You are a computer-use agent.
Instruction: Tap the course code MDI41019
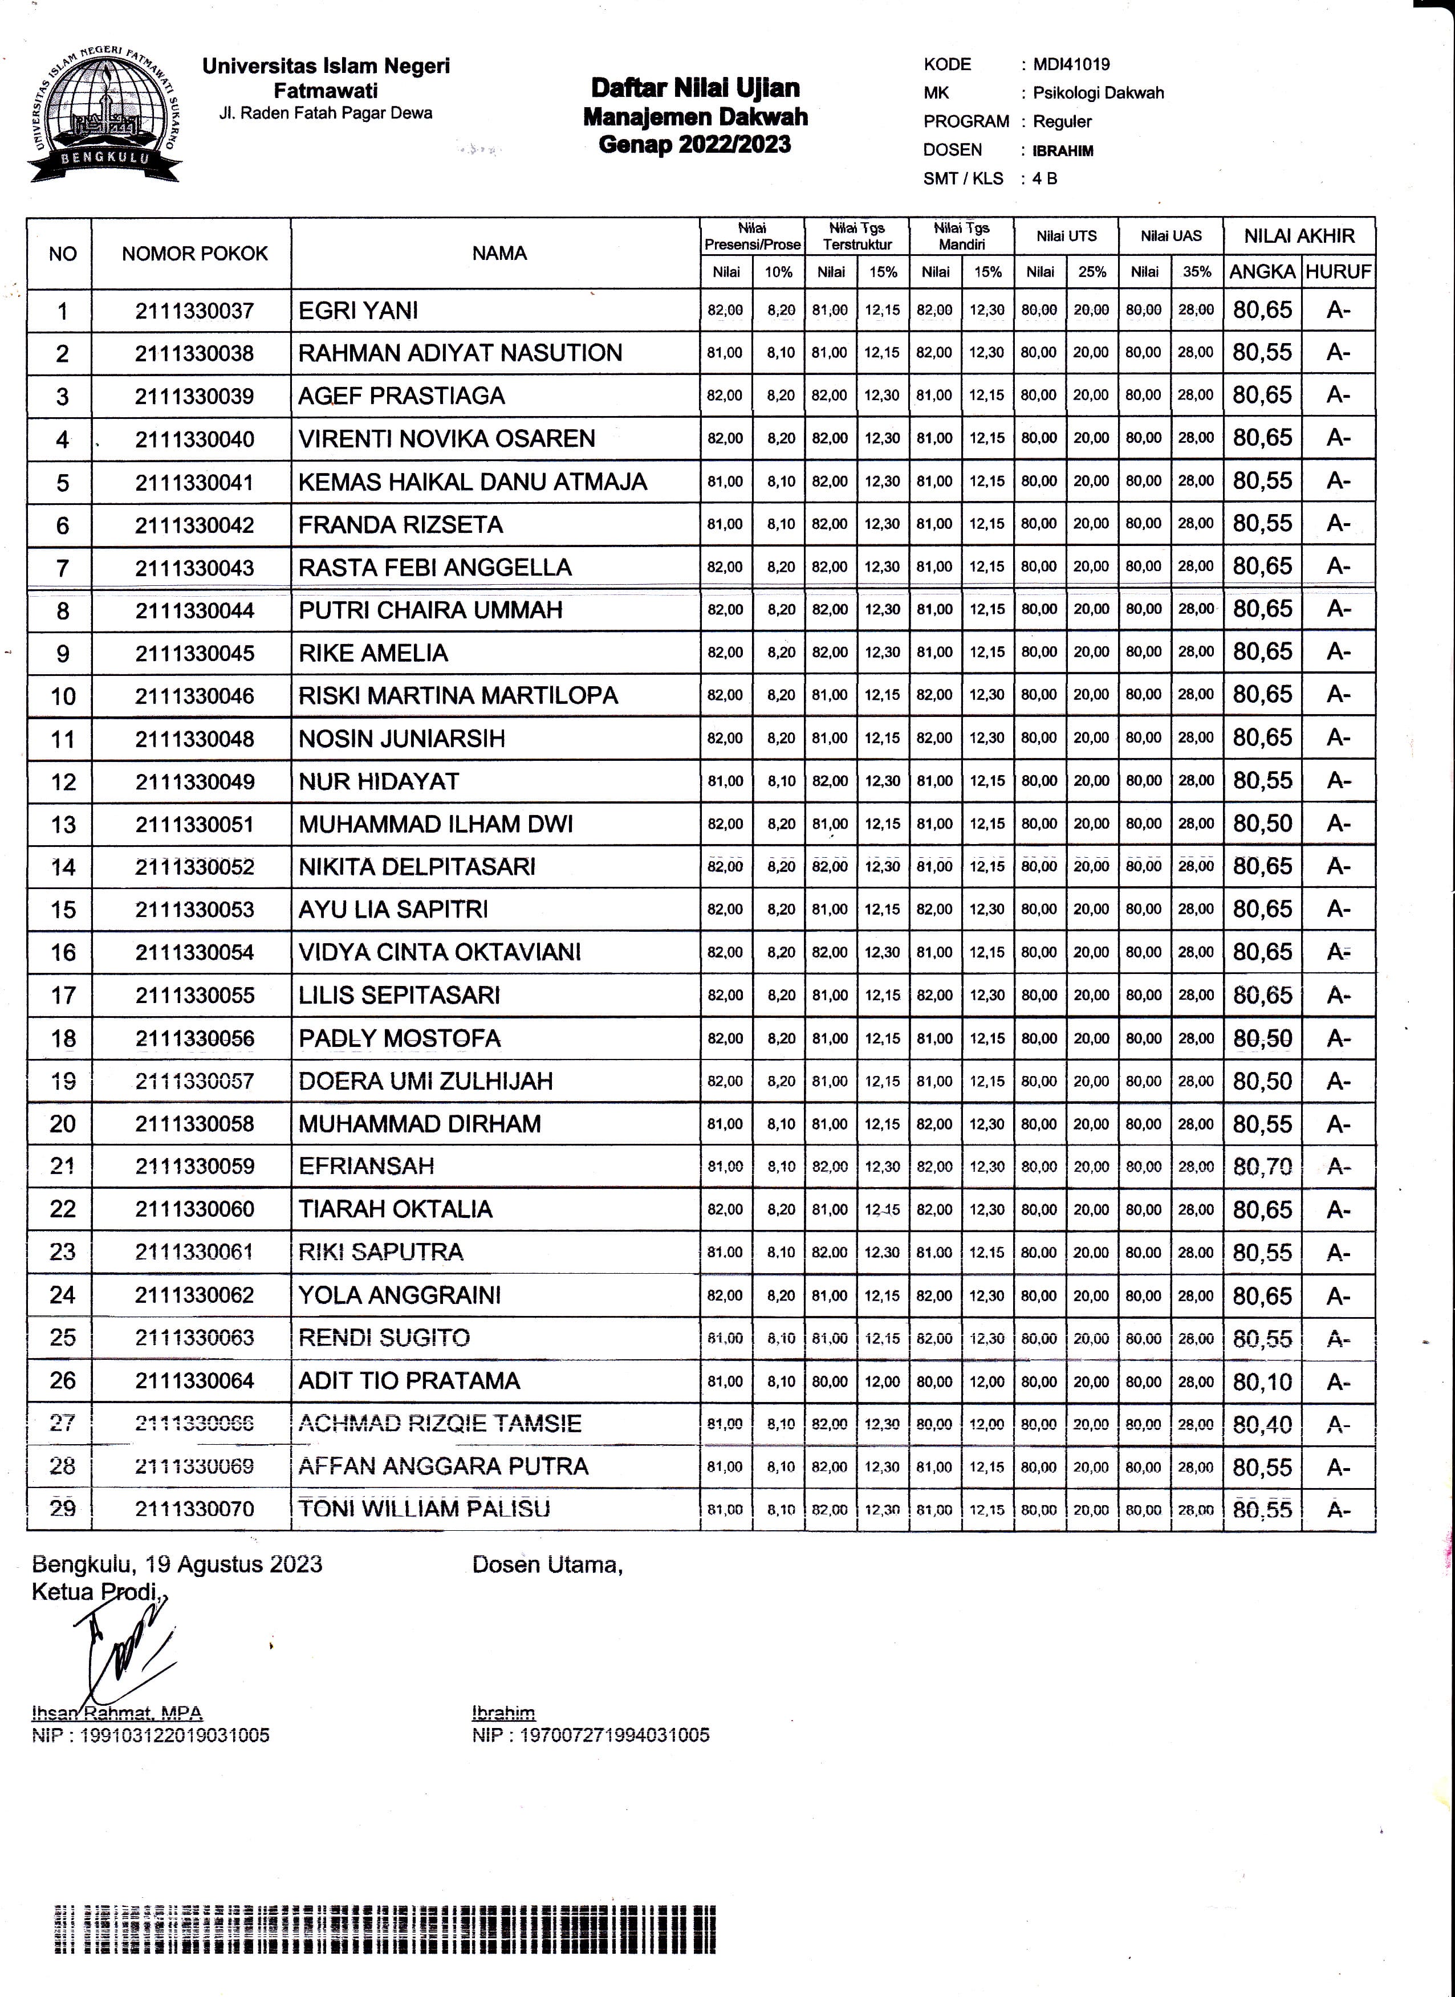[1071, 64]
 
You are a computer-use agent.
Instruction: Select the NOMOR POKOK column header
[194, 254]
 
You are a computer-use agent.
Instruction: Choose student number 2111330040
[194, 439]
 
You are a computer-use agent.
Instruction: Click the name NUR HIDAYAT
[379, 781]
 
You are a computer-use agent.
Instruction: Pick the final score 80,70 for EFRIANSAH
[1262, 1167]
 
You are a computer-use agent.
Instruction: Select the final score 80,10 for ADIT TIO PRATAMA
[1262, 1381]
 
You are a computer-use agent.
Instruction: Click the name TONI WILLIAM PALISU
[424, 1509]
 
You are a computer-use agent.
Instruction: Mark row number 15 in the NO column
[63, 910]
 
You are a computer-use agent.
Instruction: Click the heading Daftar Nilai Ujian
[695, 88]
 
